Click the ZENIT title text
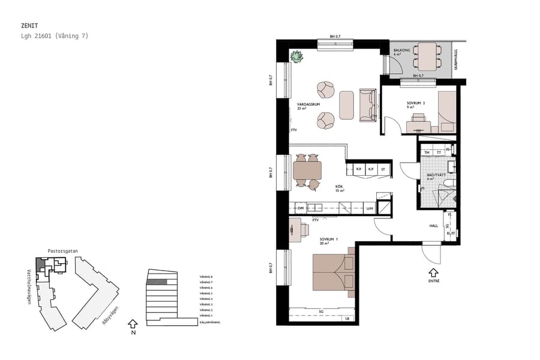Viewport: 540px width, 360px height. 29,26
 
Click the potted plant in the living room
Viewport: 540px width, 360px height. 297,57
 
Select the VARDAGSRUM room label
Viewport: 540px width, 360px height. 307,105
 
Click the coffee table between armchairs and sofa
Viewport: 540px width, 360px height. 346,105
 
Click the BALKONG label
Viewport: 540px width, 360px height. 402,50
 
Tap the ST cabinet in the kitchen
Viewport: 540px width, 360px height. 382,169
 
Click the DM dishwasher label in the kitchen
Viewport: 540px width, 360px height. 301,208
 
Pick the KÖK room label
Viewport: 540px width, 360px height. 340,187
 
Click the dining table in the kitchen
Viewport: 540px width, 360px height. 307,172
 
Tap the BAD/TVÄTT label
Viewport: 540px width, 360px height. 436,175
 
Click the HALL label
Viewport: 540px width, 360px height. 433,226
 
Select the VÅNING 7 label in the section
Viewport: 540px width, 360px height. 206,282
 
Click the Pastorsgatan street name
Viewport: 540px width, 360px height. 63,251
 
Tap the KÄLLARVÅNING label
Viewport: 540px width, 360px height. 209,322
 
